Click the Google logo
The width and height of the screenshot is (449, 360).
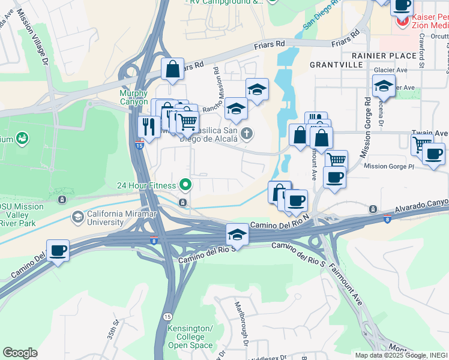coord(20,353)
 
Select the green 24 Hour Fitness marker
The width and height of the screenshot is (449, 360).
coord(186,184)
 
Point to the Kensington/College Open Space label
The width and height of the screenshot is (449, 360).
coord(190,337)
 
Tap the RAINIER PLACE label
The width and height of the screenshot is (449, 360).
coord(384,56)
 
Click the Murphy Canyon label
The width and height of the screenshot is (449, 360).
coord(133,97)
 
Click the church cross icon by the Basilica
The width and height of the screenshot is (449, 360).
coord(246,133)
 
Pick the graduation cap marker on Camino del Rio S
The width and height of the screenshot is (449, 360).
coord(238,235)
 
